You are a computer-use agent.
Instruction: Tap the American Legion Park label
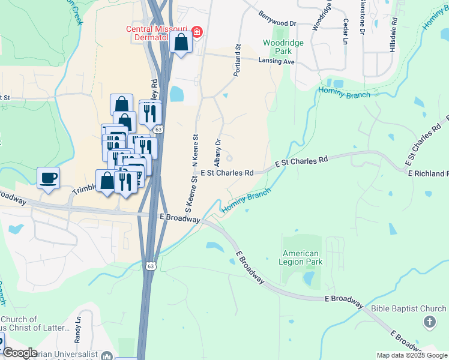click(x=302, y=257)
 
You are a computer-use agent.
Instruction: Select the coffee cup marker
click(x=48, y=178)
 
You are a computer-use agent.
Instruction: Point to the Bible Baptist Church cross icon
click(x=429, y=323)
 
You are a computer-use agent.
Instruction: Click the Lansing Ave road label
click(x=277, y=62)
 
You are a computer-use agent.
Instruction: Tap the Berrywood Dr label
click(x=278, y=19)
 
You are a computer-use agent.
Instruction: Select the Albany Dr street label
click(x=218, y=152)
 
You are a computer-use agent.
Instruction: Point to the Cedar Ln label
click(x=346, y=31)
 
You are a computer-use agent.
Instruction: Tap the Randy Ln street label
click(x=78, y=329)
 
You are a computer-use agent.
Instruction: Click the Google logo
click(x=19, y=353)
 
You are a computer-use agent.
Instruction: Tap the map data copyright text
click(x=412, y=355)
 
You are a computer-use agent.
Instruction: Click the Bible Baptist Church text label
click(x=408, y=309)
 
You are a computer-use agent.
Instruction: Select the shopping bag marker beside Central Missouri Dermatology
click(x=181, y=43)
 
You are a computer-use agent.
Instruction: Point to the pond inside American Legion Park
click(x=309, y=278)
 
